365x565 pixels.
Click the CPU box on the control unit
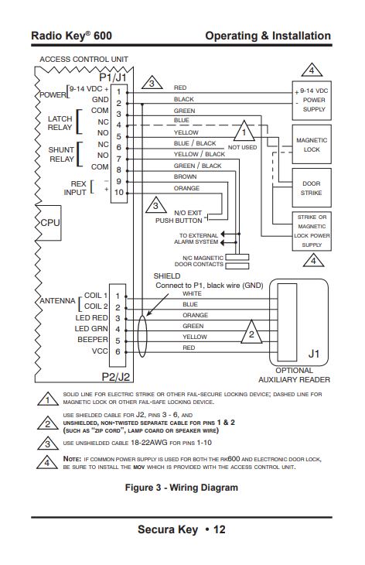click(49, 223)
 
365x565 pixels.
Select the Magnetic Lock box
click(312, 145)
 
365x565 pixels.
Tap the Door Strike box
click(312, 188)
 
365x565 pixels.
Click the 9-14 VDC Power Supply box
click(312, 100)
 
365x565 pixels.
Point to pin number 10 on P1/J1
click(119, 193)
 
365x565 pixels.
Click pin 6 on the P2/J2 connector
click(118, 351)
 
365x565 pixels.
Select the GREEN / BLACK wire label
click(197, 166)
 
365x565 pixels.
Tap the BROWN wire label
click(185, 176)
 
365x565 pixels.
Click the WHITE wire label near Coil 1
click(192, 293)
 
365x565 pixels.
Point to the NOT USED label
click(242, 147)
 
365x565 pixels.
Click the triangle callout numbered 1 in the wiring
click(244, 131)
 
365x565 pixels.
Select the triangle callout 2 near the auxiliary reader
click(251, 332)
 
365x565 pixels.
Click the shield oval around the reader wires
click(142, 336)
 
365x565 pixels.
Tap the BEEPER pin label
click(93, 340)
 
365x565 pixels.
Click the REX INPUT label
click(75, 188)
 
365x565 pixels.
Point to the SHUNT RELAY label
click(61, 154)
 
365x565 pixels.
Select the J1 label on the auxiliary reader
click(314, 354)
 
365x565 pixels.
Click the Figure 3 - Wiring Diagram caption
click(182, 488)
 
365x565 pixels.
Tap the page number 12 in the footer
click(219, 529)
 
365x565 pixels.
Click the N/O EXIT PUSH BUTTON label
click(179, 217)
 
